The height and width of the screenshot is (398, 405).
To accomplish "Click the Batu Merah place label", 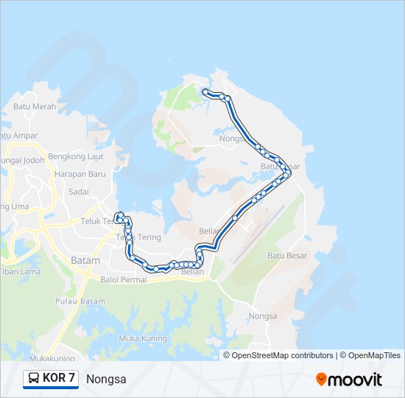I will pyautogui.click(x=35, y=107).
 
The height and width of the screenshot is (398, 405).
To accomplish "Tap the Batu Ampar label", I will pyautogui.click(x=18, y=136).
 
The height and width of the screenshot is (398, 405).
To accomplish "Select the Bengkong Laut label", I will pyautogui.click(x=75, y=157).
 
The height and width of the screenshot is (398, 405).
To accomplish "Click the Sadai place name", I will pyautogui.click(x=78, y=191).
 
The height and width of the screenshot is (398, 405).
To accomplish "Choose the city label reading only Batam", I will pyautogui.click(x=85, y=260).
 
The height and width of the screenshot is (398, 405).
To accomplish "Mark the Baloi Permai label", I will pyautogui.click(x=124, y=280).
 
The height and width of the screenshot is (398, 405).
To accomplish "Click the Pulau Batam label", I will pyautogui.click(x=80, y=301).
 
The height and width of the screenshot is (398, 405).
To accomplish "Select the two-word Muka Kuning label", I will pyautogui.click(x=139, y=338).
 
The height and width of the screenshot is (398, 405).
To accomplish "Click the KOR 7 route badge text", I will pyautogui.click(x=59, y=379).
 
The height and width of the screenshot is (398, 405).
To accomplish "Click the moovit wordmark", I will pyautogui.click(x=356, y=379).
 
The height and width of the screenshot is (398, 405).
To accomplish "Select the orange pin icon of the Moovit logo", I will pyautogui.click(x=321, y=380).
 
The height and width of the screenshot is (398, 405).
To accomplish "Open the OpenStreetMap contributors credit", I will pyautogui.click(x=278, y=355).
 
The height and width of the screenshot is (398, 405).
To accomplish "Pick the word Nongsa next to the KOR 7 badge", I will pyautogui.click(x=106, y=380).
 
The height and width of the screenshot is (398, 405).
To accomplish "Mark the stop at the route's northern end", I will pyautogui.click(x=205, y=91).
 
